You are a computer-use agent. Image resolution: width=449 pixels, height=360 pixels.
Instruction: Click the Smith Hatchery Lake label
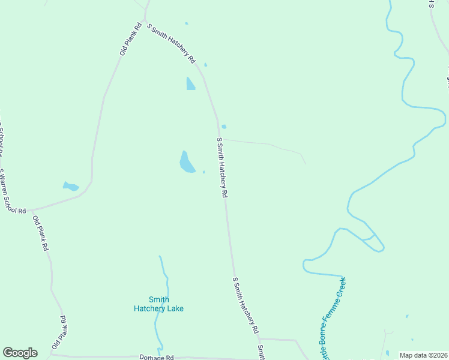point(158,304)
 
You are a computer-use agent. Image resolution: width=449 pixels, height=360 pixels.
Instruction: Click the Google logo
point(20,353)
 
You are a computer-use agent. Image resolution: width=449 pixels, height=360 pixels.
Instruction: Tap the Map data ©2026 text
point(423,355)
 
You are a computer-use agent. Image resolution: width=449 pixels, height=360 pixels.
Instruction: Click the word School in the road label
point(16,204)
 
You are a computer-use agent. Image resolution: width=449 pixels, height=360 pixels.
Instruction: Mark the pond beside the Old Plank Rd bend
point(71,187)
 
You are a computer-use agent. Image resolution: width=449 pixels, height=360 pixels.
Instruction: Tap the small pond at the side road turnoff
point(224,127)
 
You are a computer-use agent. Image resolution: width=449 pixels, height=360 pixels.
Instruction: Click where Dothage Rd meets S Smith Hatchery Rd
point(259,340)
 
